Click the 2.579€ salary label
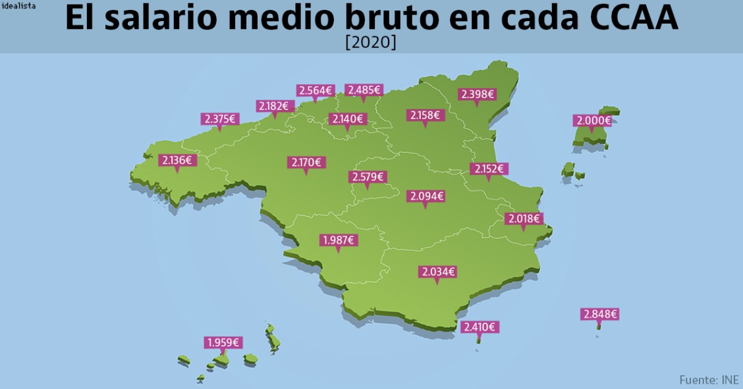368,177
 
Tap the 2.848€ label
599,314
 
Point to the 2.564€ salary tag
316,90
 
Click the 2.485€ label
364,90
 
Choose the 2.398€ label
478,94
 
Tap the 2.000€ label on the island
593,120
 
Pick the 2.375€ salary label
219,119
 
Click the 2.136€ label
177,160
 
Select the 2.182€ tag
274,106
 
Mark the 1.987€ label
339,240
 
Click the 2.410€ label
480,326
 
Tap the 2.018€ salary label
524,219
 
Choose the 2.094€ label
426,196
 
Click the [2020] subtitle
371,42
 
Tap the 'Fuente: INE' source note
709,380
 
